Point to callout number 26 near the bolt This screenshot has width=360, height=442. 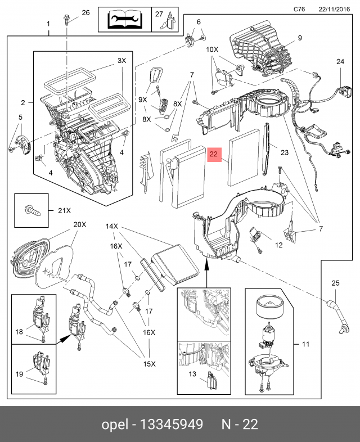click(85, 12)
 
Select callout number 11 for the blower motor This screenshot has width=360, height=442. click(306, 344)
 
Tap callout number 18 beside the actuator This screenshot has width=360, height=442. click(20, 332)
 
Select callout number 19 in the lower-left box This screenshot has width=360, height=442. click(20, 373)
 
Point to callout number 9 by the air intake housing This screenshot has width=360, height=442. click(300, 38)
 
